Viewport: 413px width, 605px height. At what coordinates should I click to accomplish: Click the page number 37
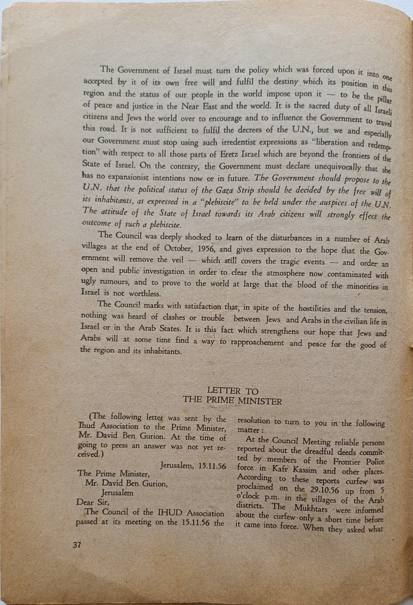pos(76,544)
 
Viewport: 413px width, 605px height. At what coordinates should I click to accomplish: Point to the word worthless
pos(143,294)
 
